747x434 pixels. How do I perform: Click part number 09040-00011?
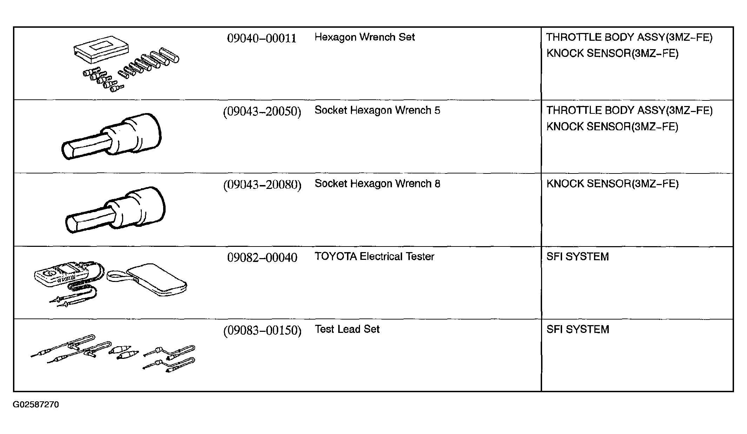coord(262,38)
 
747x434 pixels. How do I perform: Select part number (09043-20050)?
coord(262,111)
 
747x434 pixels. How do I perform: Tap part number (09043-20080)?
coord(262,185)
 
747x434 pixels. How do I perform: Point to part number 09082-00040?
coord(262,257)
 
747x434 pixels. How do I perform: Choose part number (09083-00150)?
coord(262,330)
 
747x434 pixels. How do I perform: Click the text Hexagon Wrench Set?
coord(365,37)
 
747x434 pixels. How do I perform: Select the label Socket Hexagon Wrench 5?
coord(377,110)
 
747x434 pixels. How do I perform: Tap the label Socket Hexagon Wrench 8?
coord(377,184)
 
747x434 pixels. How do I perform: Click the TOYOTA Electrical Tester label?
coord(374,256)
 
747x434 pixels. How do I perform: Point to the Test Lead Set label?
coord(347,329)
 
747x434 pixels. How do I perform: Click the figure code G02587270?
coord(36,405)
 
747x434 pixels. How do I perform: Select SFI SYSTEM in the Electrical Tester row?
coord(578,257)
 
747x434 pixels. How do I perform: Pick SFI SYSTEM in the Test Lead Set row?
coord(578,329)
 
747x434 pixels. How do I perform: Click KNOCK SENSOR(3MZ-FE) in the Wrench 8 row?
coord(612,184)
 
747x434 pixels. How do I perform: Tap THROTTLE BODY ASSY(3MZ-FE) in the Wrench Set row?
coord(629,37)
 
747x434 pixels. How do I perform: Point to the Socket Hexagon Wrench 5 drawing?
coord(112,137)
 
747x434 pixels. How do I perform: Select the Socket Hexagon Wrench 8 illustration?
coord(115,210)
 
